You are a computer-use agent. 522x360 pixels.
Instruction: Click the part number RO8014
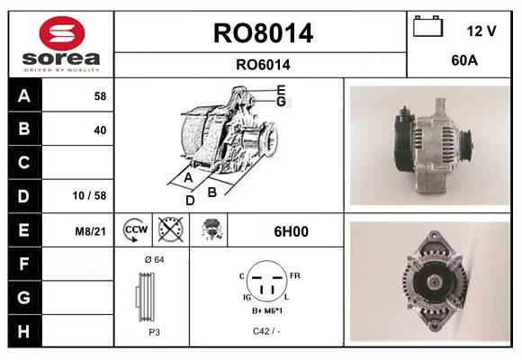(x=263, y=33)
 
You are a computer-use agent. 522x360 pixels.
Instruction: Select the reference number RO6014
(x=263, y=65)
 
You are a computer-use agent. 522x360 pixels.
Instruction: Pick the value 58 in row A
(x=100, y=95)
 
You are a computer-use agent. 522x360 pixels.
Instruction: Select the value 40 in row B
(x=100, y=130)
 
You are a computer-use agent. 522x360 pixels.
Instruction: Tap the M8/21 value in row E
(x=92, y=231)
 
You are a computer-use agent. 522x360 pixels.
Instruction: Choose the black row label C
(x=23, y=163)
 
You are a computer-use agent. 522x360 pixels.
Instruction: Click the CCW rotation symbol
(x=135, y=230)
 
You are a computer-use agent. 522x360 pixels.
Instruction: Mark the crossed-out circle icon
(x=169, y=230)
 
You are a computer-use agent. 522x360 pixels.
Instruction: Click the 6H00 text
(x=291, y=231)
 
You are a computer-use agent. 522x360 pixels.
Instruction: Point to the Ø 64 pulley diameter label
(x=153, y=259)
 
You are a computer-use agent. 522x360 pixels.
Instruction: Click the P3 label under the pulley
(x=153, y=331)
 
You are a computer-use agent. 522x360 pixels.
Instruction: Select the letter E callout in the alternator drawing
(x=281, y=89)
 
